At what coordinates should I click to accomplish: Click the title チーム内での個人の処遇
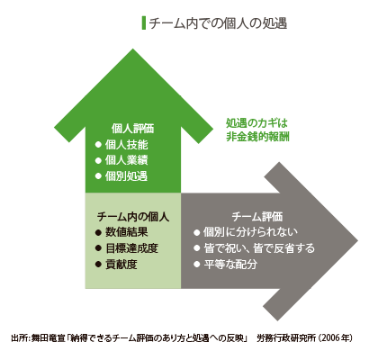pyautogui.click(x=218, y=23)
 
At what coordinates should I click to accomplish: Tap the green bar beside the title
pyautogui.click(x=144, y=23)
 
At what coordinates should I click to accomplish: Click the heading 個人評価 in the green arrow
pyautogui.click(x=132, y=129)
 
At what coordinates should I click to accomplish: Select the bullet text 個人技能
pyautogui.click(x=126, y=145)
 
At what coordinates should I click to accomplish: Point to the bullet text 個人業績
pyautogui.click(x=126, y=160)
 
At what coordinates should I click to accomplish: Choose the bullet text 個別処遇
pyautogui.click(x=126, y=175)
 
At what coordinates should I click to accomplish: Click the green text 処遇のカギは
pyautogui.click(x=256, y=123)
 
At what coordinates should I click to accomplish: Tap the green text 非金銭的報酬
pyautogui.click(x=257, y=137)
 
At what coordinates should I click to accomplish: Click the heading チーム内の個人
pyautogui.click(x=133, y=217)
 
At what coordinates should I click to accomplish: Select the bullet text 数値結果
pyautogui.click(x=127, y=232)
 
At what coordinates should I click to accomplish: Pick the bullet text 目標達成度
pyautogui.click(x=131, y=248)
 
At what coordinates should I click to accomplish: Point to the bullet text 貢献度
pyautogui.click(x=121, y=265)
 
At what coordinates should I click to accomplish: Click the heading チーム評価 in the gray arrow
pyautogui.click(x=257, y=217)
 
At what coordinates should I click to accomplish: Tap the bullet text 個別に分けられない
pyautogui.click(x=250, y=232)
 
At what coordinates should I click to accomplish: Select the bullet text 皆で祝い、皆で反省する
pyautogui.click(x=259, y=248)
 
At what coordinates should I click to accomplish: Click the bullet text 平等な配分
pyautogui.click(x=230, y=265)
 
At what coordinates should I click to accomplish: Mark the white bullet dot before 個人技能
pyautogui.click(x=98, y=145)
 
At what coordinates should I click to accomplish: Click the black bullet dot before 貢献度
pyautogui.click(x=98, y=265)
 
